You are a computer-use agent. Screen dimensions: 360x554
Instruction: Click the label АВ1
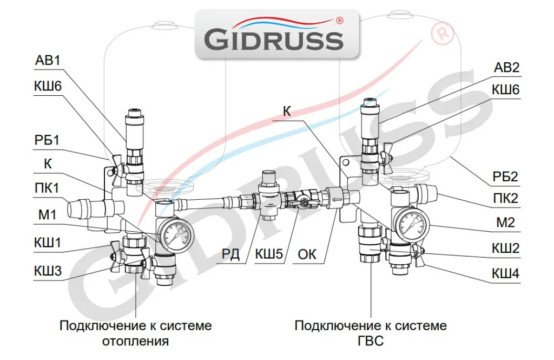click(x=48, y=60)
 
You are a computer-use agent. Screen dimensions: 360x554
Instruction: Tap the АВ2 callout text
click(x=506, y=67)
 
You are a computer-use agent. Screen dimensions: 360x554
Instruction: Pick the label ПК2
click(x=505, y=198)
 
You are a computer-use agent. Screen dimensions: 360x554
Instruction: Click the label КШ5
click(x=269, y=254)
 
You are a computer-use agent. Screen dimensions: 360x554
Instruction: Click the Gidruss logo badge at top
click(x=276, y=33)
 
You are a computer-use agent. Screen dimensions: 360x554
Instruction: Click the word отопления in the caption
click(x=135, y=341)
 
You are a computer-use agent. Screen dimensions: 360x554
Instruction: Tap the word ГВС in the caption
click(x=371, y=341)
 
